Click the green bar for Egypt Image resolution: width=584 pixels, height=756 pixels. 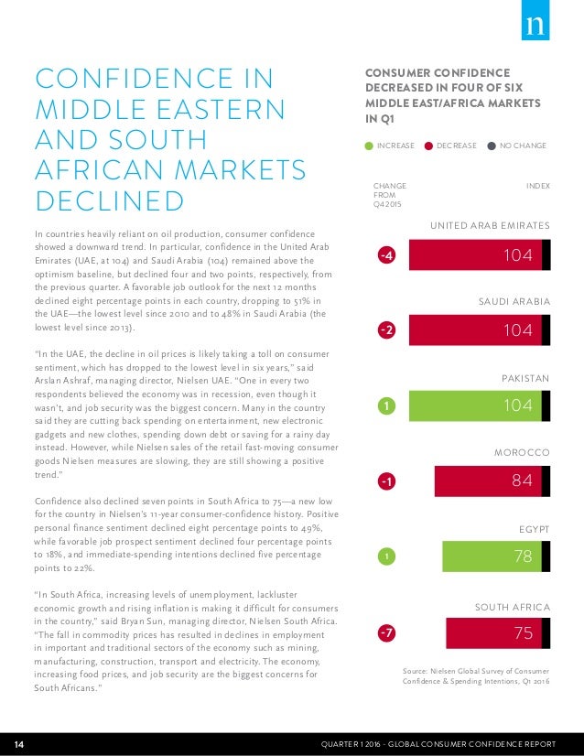[x=490, y=556]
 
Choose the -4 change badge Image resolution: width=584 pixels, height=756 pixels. [x=387, y=255]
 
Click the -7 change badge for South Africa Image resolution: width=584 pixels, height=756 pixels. [x=387, y=632]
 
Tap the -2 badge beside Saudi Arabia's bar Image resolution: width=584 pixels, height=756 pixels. [x=387, y=330]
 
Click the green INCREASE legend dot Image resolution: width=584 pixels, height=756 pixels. [x=368, y=146]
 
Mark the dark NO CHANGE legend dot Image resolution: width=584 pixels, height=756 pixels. [x=492, y=146]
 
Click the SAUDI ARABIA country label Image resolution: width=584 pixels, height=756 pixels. [x=514, y=300]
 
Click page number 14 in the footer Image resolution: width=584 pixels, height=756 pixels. [x=18, y=740]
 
